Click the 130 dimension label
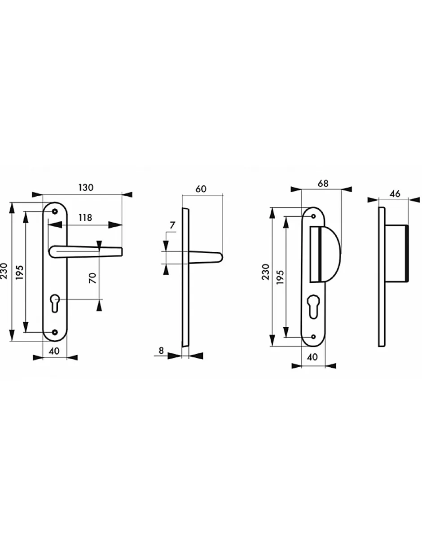86,188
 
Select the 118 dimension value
85,218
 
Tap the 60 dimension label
201,189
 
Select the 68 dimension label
323,183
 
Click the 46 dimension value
395,193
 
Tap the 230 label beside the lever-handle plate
4,271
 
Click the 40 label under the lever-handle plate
54,351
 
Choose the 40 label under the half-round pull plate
313,357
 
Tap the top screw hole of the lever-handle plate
55,211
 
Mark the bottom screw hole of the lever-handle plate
55,332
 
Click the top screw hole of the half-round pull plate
313,216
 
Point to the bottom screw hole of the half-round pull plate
313,337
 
